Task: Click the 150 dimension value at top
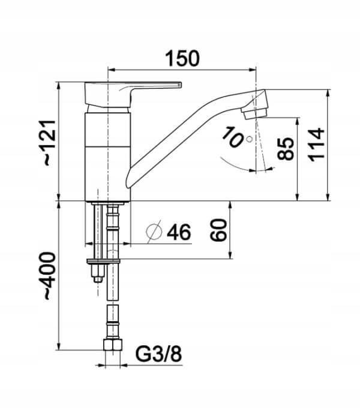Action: click(182, 58)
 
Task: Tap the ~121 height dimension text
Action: click(50, 143)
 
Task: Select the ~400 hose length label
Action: click(50, 276)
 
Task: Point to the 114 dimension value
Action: click(316, 145)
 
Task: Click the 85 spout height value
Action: click(286, 149)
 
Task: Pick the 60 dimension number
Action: click(218, 230)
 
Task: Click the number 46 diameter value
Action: click(179, 232)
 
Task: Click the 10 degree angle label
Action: click(232, 137)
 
